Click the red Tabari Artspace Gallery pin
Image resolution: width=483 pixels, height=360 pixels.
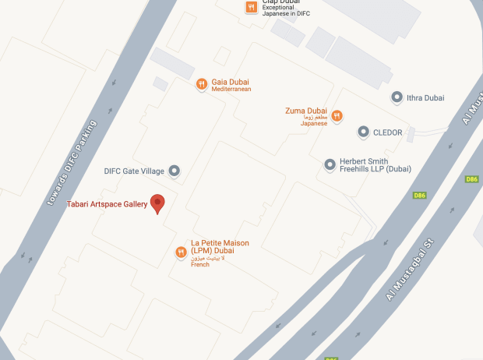point(158,203)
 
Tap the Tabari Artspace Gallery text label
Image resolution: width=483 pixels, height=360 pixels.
point(107,205)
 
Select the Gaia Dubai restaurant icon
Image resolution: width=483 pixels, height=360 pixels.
point(201,84)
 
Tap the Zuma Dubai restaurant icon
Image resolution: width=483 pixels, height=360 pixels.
point(337,116)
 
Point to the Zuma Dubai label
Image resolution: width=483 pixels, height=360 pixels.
point(305,111)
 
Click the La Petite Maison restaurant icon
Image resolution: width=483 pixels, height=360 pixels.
point(181,252)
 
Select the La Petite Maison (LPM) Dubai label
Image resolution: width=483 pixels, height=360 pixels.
point(220,248)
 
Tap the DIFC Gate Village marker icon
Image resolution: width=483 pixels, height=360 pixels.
point(174,171)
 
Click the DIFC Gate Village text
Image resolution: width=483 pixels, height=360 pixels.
point(135,171)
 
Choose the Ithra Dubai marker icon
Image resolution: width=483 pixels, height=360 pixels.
point(397,97)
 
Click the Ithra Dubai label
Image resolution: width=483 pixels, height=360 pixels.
point(425,97)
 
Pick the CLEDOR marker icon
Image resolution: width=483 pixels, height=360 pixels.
point(363,132)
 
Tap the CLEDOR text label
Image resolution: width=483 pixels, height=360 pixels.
point(388,132)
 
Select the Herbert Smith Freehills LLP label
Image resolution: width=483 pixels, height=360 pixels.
point(375,164)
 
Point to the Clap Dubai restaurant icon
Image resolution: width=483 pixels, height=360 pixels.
point(251,8)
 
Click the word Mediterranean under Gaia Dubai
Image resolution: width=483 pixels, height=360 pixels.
point(231,90)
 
